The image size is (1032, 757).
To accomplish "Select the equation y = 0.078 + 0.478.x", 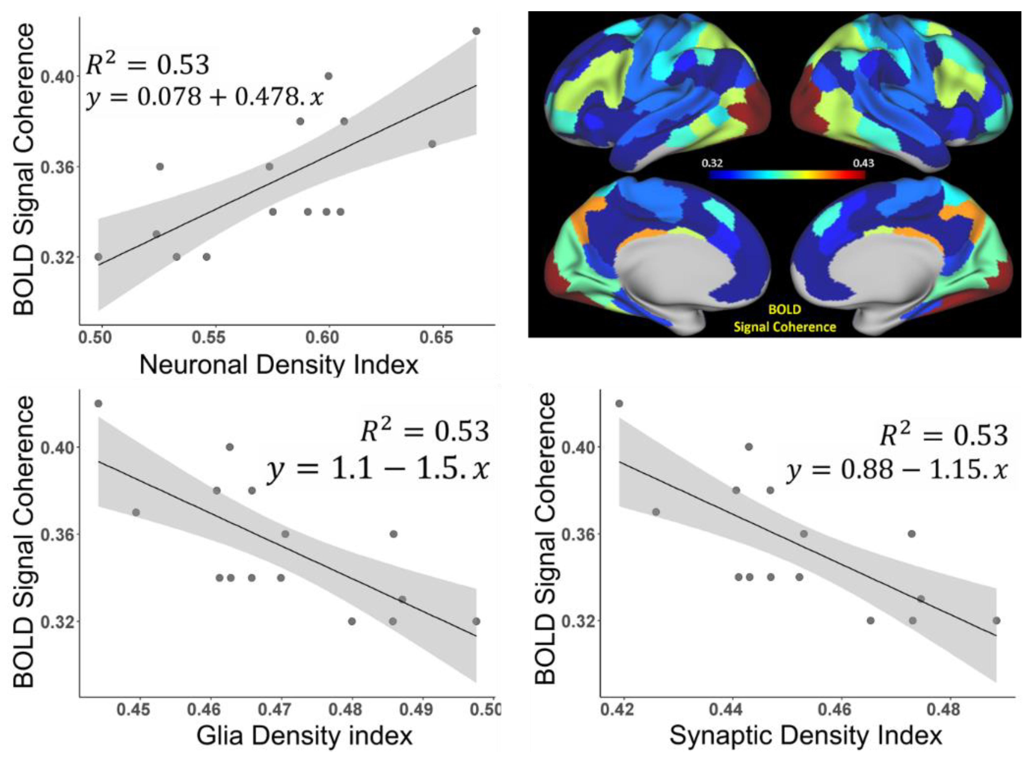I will point(205,97).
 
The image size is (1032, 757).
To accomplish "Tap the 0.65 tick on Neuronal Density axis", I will point(436,338).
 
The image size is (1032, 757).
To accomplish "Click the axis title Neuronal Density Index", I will point(279,365).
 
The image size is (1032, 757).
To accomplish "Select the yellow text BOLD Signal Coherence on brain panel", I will point(785,318).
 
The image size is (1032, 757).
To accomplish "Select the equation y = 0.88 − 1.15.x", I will point(897,470).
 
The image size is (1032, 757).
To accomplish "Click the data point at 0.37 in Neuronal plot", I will point(432,144).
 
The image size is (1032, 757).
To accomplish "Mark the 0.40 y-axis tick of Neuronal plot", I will point(57,77).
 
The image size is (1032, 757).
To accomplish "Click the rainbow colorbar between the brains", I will point(787,175).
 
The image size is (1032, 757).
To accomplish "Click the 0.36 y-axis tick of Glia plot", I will point(57,535).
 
